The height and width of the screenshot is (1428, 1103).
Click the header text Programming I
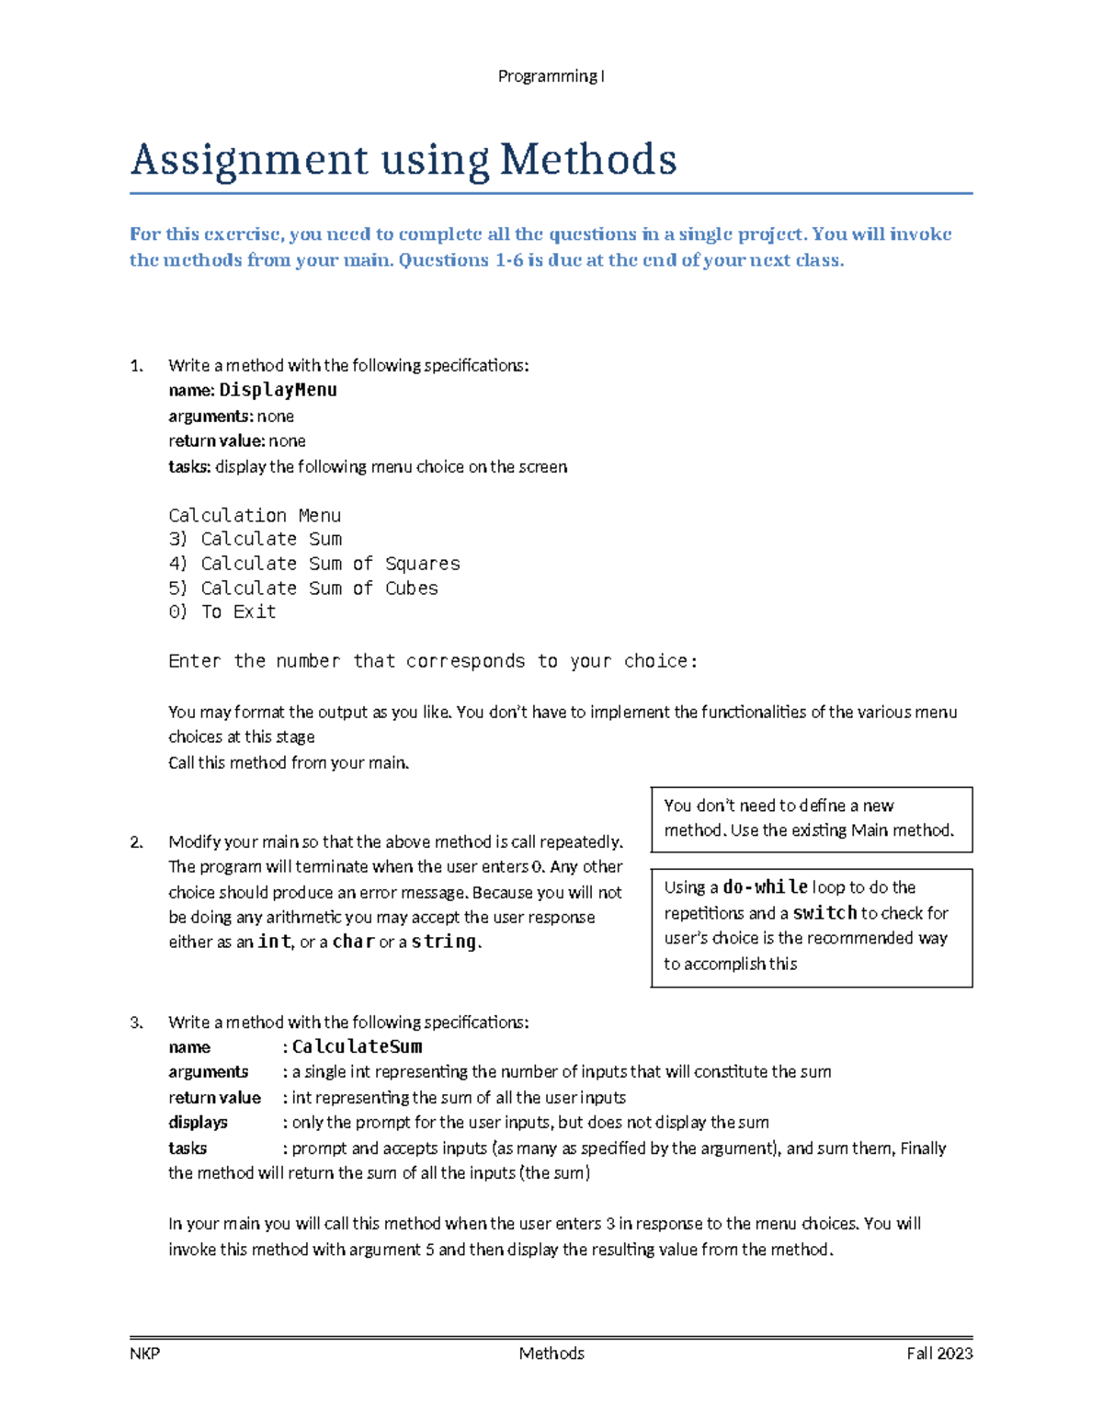pos(551,76)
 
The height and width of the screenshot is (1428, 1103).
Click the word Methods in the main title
pos(588,160)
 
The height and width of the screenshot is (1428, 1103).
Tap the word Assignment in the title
pos(249,160)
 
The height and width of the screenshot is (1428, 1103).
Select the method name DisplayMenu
pos(278,390)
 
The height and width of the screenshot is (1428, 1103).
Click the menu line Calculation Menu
pos(255,515)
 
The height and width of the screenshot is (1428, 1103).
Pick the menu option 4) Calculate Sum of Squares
pos(313,564)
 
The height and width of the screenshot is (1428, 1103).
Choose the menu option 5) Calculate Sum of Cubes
pos(302,588)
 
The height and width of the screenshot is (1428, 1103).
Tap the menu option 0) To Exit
pos(222,612)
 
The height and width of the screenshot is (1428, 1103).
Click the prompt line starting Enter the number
pos(433,661)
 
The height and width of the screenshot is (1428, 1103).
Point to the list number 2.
pos(136,842)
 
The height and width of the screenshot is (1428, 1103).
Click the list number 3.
pos(136,1022)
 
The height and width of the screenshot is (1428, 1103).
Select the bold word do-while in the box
pos(765,887)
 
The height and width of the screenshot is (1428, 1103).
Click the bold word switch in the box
pos(824,913)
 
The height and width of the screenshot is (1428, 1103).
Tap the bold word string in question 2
pos(444,942)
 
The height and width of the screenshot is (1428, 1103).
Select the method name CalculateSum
pos(357,1047)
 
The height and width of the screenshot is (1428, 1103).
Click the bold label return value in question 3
pos(214,1098)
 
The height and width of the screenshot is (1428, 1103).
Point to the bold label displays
pos(198,1123)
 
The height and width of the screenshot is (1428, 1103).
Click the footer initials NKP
pos(144,1354)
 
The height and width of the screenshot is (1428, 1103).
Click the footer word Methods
pos(551,1354)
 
